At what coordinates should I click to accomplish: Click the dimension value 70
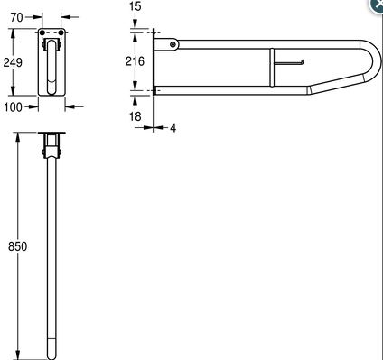(16, 17)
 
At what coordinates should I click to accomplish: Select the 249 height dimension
(13, 62)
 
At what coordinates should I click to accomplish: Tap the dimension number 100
(13, 106)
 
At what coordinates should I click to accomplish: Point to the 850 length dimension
(17, 246)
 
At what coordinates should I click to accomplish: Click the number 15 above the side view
(135, 6)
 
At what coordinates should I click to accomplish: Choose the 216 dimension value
(135, 61)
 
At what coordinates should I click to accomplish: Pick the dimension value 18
(135, 116)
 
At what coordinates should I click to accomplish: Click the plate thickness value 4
(173, 128)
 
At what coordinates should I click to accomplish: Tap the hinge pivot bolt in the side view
(173, 45)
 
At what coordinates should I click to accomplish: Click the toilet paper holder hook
(289, 62)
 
